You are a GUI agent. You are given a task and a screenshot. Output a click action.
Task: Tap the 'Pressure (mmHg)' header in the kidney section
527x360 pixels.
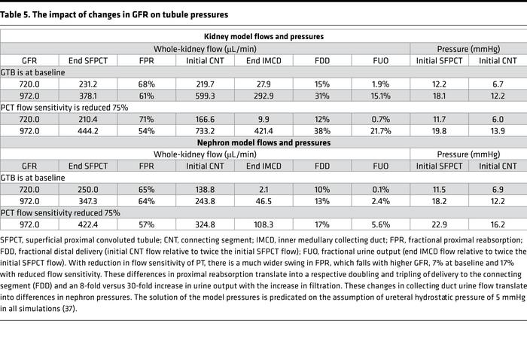pyautogui.click(x=468, y=48)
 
